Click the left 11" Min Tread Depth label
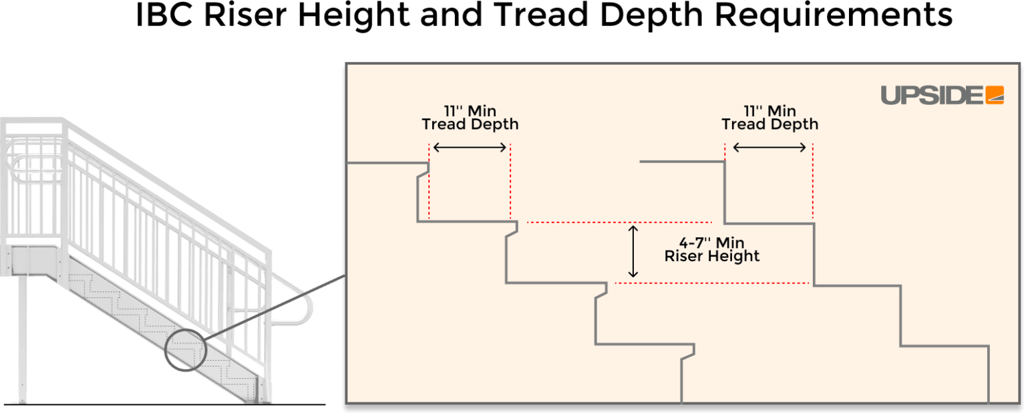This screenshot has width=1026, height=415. click(x=470, y=118)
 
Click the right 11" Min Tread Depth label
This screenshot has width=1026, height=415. click(x=769, y=118)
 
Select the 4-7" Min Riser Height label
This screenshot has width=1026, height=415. click(x=712, y=249)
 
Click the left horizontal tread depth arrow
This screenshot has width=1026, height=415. click(x=470, y=148)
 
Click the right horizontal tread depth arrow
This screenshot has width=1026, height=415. click(x=769, y=148)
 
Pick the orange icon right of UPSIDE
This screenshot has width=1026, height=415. click(x=995, y=96)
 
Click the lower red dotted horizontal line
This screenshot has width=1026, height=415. click(x=711, y=283)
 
